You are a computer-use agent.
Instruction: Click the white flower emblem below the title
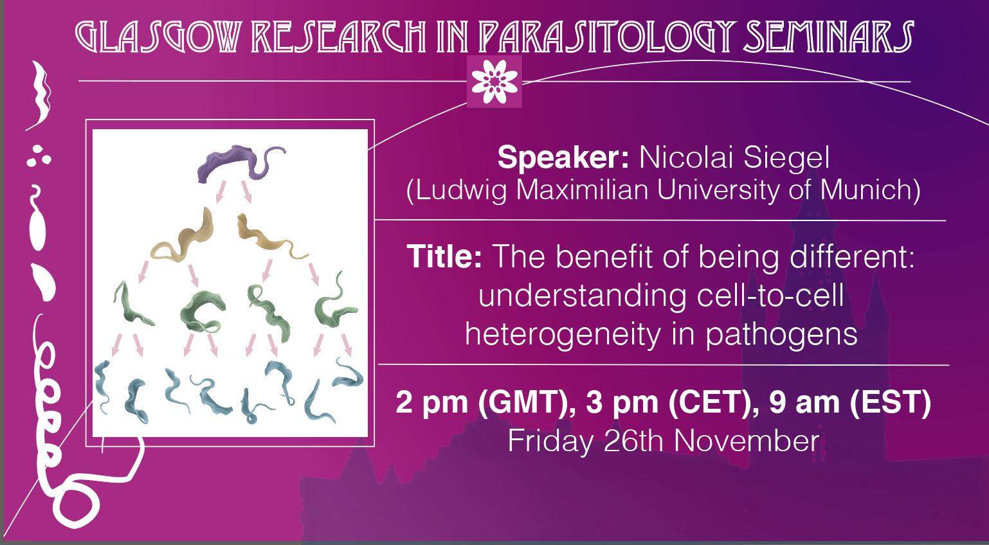(494, 82)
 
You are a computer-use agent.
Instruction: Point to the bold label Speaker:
(563, 157)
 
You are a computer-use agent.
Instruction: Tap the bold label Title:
(444, 256)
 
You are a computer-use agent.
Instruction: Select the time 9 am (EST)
(850, 402)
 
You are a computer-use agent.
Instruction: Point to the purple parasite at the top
(240, 163)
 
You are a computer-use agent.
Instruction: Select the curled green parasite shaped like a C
(203, 312)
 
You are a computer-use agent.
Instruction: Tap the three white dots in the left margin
(39, 156)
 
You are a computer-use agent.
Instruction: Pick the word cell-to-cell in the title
(770, 296)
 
